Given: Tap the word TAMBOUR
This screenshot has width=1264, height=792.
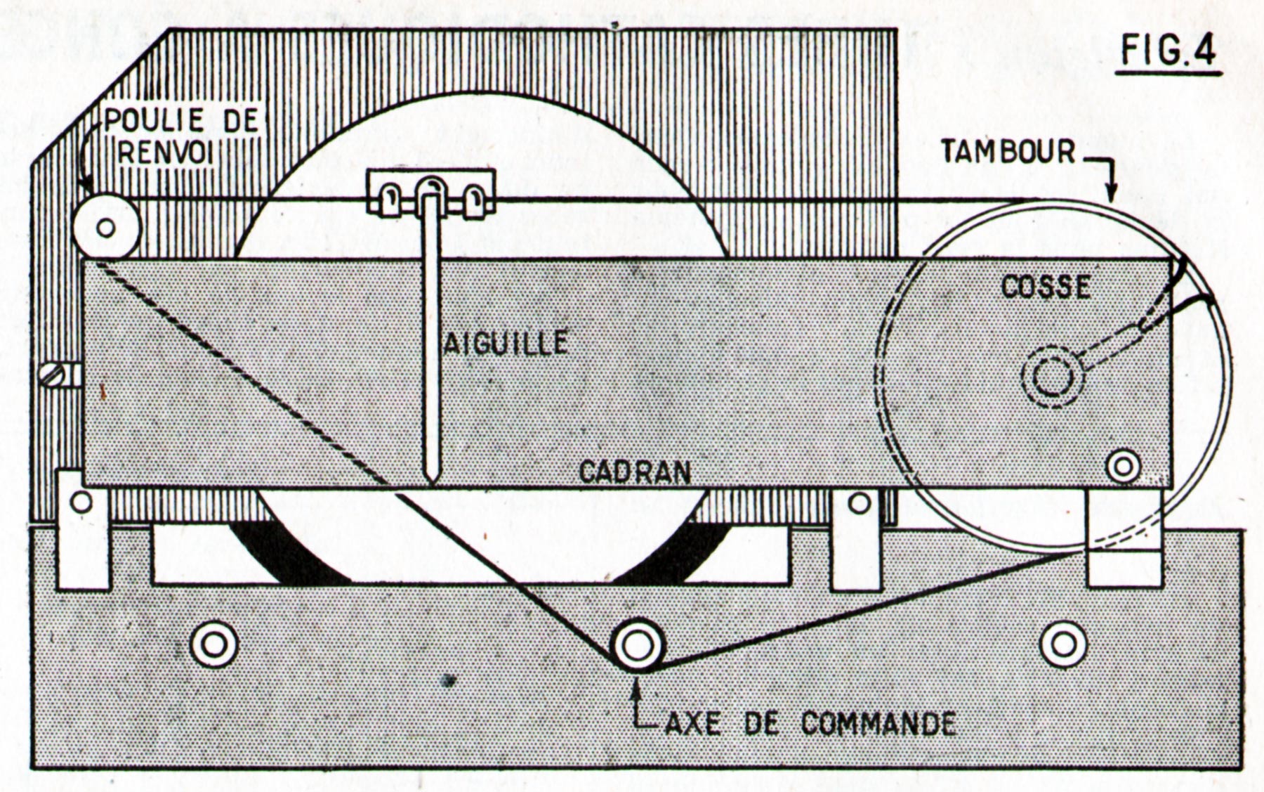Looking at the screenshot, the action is coord(1008,152).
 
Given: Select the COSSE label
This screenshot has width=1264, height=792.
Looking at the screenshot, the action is coord(1046,287).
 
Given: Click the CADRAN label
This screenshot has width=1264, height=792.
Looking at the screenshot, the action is coord(635,472).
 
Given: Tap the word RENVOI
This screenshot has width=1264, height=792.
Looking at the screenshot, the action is coord(166,152).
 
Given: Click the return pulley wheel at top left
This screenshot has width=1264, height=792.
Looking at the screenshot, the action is coord(106,227).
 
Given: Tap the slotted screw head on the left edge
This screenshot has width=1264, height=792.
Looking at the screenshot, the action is coord(54,375).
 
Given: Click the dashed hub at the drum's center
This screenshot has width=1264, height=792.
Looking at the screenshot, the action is coord(1052,377).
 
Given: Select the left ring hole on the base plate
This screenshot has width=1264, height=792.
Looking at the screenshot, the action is coord(214,644).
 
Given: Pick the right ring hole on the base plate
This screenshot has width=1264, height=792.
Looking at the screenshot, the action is coord(1063,644).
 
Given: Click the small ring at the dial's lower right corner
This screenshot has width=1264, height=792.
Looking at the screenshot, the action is coord(1122,466).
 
